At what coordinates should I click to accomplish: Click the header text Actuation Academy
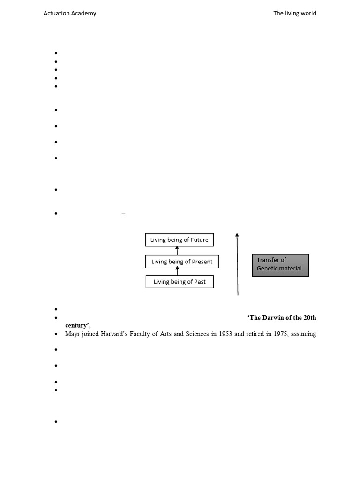(70, 13)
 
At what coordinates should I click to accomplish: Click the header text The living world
(295, 13)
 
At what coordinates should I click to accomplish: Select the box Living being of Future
(179, 240)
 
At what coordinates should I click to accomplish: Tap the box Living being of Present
(179, 262)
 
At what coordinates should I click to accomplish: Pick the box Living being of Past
(180, 282)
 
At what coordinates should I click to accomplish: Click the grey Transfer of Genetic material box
(280, 265)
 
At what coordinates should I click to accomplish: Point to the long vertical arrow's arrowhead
(237, 235)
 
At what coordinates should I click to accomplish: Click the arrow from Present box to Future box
(177, 251)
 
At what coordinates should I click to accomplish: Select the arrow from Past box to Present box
(177, 271)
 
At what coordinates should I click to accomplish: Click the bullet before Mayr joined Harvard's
(56, 334)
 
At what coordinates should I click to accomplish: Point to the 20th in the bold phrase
(309, 318)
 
